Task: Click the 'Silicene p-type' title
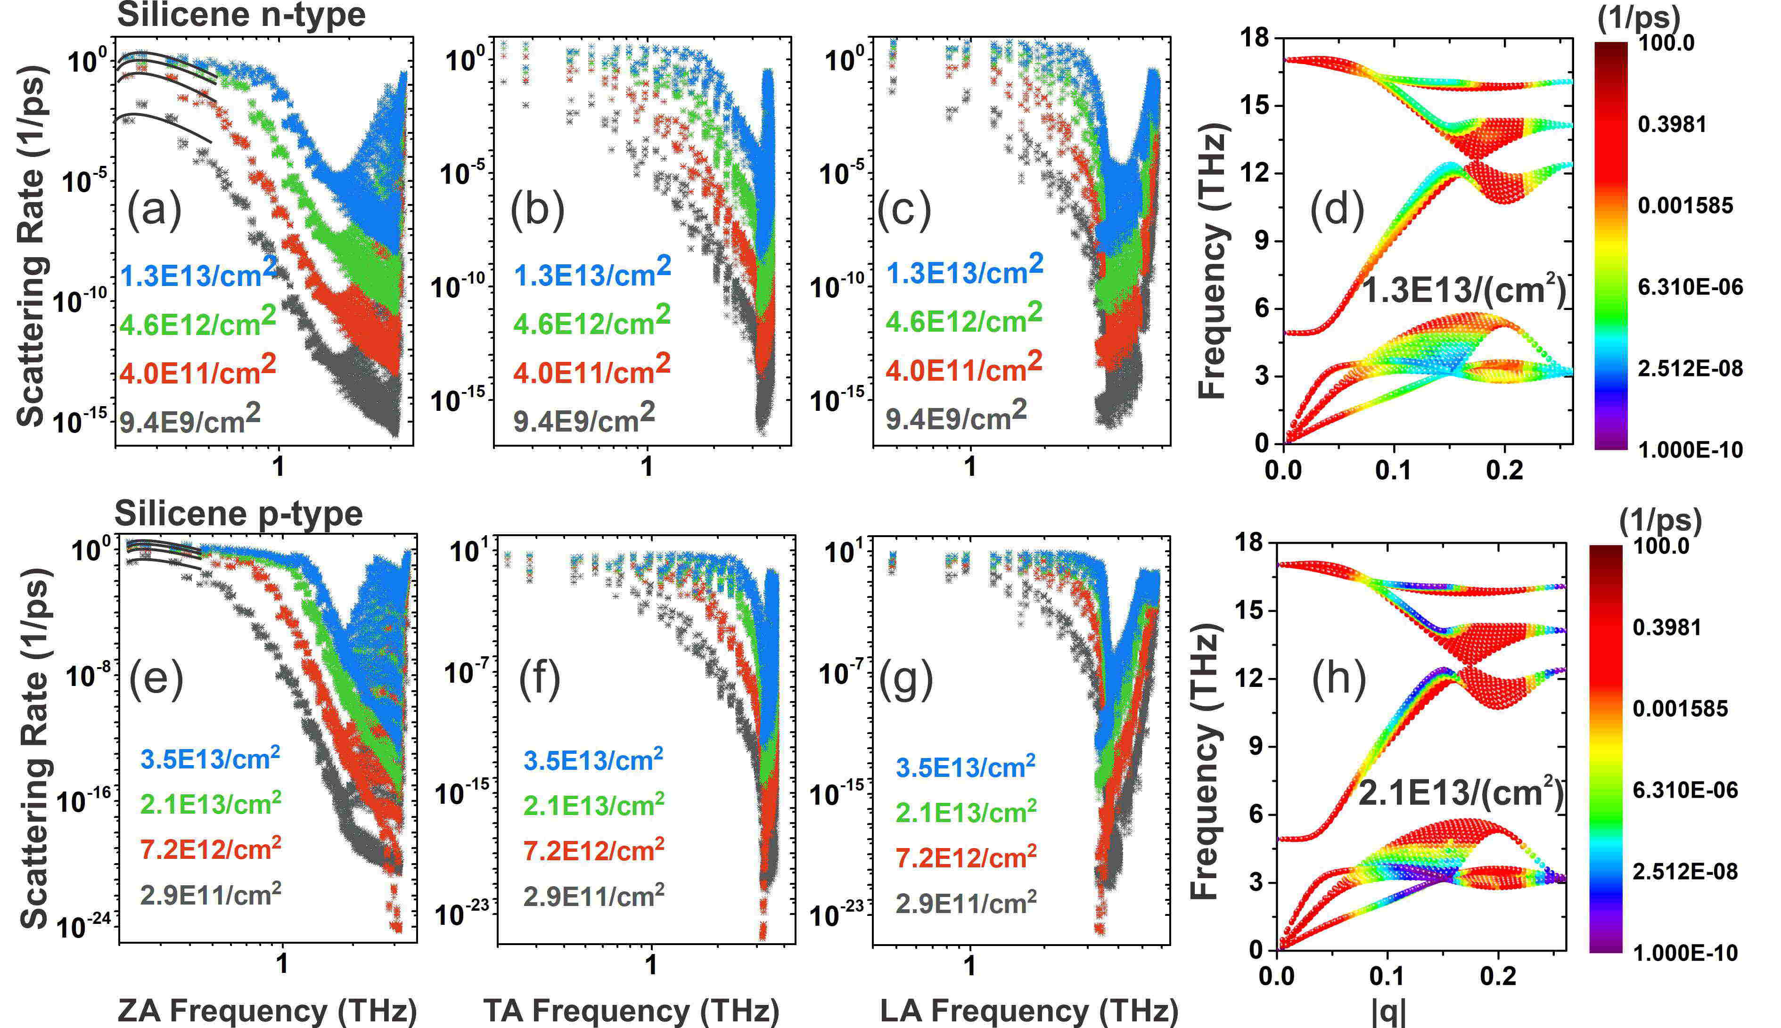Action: [x=238, y=514]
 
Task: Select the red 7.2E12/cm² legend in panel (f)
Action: [x=593, y=850]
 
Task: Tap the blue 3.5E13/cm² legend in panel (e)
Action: [x=210, y=759]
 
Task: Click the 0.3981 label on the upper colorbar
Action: [x=1671, y=124]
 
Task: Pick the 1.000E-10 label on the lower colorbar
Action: [x=1685, y=953]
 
